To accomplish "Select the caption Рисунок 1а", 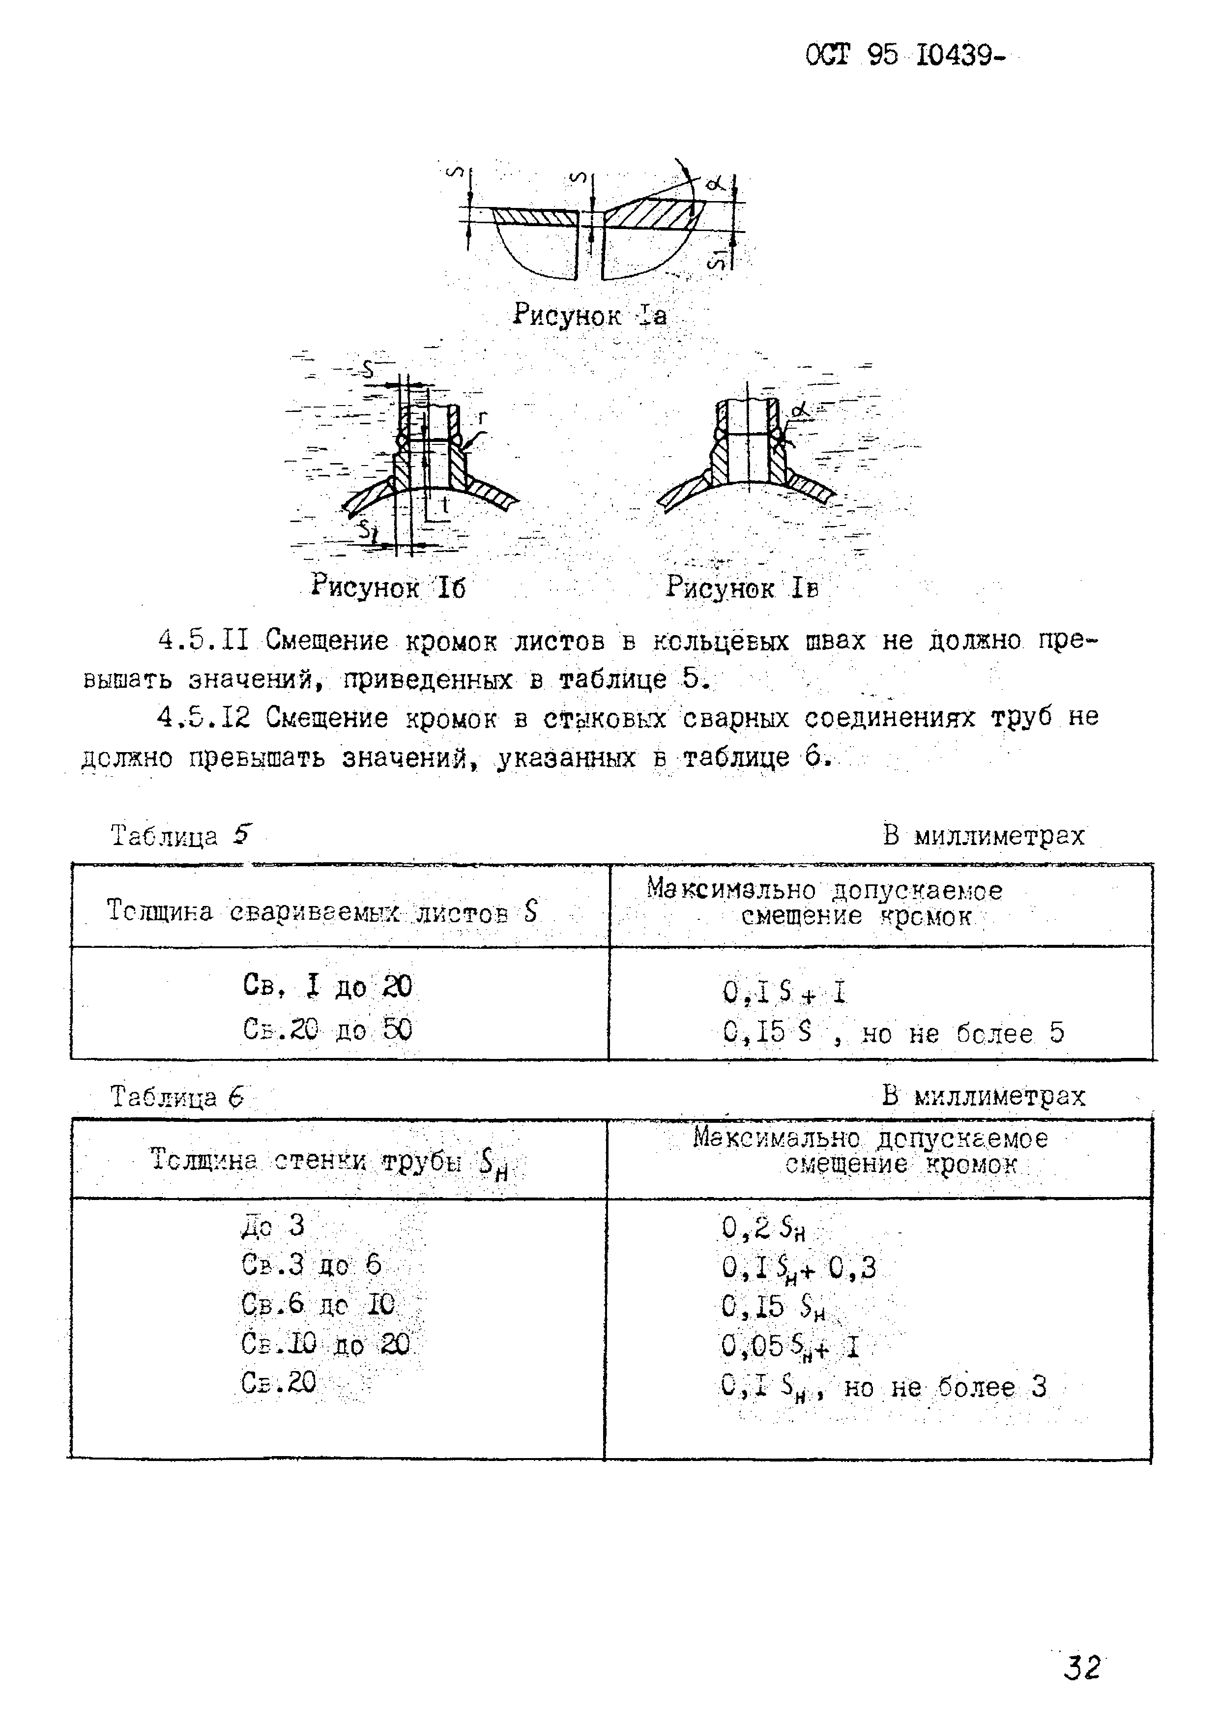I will click(590, 315).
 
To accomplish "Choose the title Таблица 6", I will click(177, 1097).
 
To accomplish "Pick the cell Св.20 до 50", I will click(327, 1029).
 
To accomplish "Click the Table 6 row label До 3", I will click(273, 1226).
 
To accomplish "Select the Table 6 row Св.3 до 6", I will click(311, 1266).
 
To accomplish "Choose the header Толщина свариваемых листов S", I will click(322, 912).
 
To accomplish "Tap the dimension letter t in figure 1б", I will click(445, 506).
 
